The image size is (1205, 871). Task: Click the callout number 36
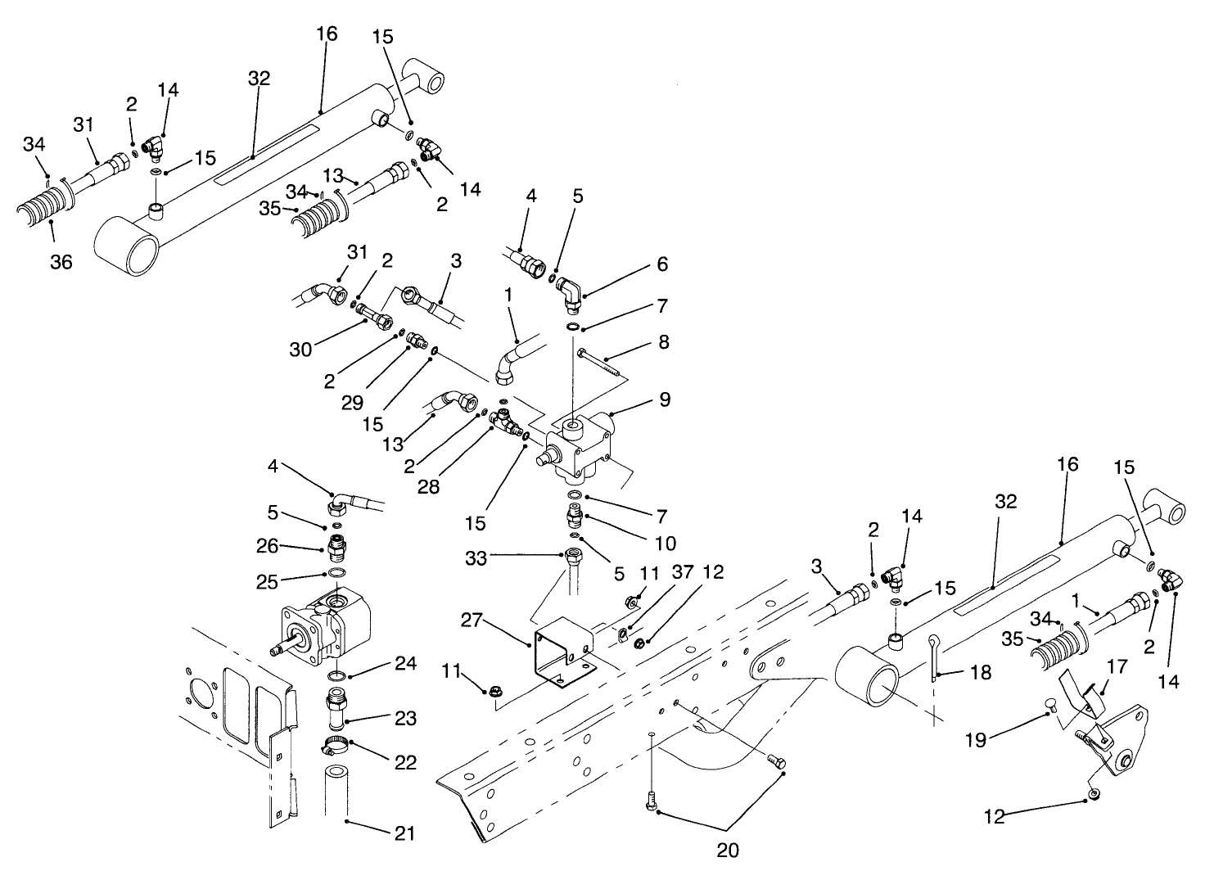[x=61, y=262]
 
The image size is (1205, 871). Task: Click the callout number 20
[x=728, y=850]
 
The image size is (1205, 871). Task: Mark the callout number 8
[x=664, y=342]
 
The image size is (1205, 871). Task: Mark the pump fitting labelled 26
[x=336, y=545]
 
